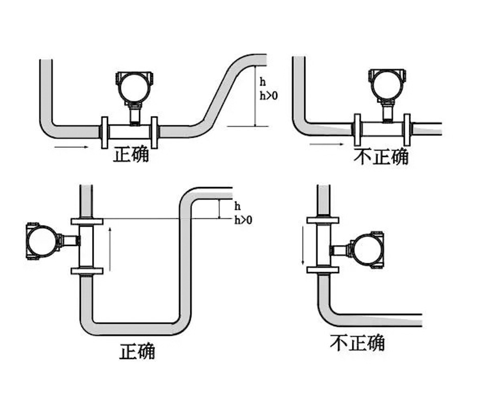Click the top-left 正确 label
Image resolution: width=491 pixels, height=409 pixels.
click(x=131, y=154)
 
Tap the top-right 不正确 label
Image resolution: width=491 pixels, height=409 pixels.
click(x=381, y=156)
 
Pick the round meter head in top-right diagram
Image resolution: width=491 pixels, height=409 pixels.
click(x=388, y=85)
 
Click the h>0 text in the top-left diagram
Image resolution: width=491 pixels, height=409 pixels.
click(x=269, y=96)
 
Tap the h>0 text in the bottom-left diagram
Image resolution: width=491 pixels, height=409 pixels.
click(x=243, y=220)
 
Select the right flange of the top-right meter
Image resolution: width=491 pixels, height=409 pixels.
click(x=407, y=129)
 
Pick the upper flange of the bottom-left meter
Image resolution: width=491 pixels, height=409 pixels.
click(x=86, y=221)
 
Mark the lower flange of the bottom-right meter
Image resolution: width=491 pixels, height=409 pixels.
click(x=322, y=270)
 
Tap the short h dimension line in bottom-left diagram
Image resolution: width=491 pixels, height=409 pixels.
click(x=220, y=209)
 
